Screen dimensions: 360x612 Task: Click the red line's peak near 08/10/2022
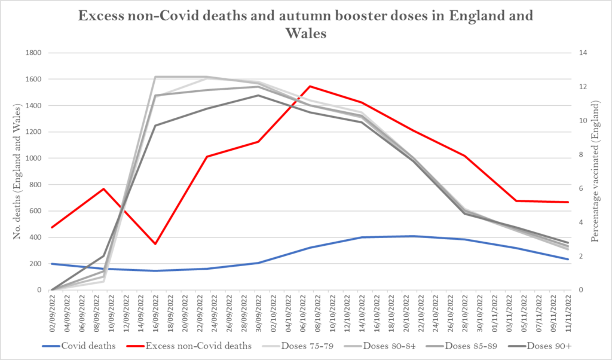[310, 86]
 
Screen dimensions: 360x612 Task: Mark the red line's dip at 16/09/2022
[155, 244]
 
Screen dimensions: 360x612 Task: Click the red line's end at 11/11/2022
[567, 202]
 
